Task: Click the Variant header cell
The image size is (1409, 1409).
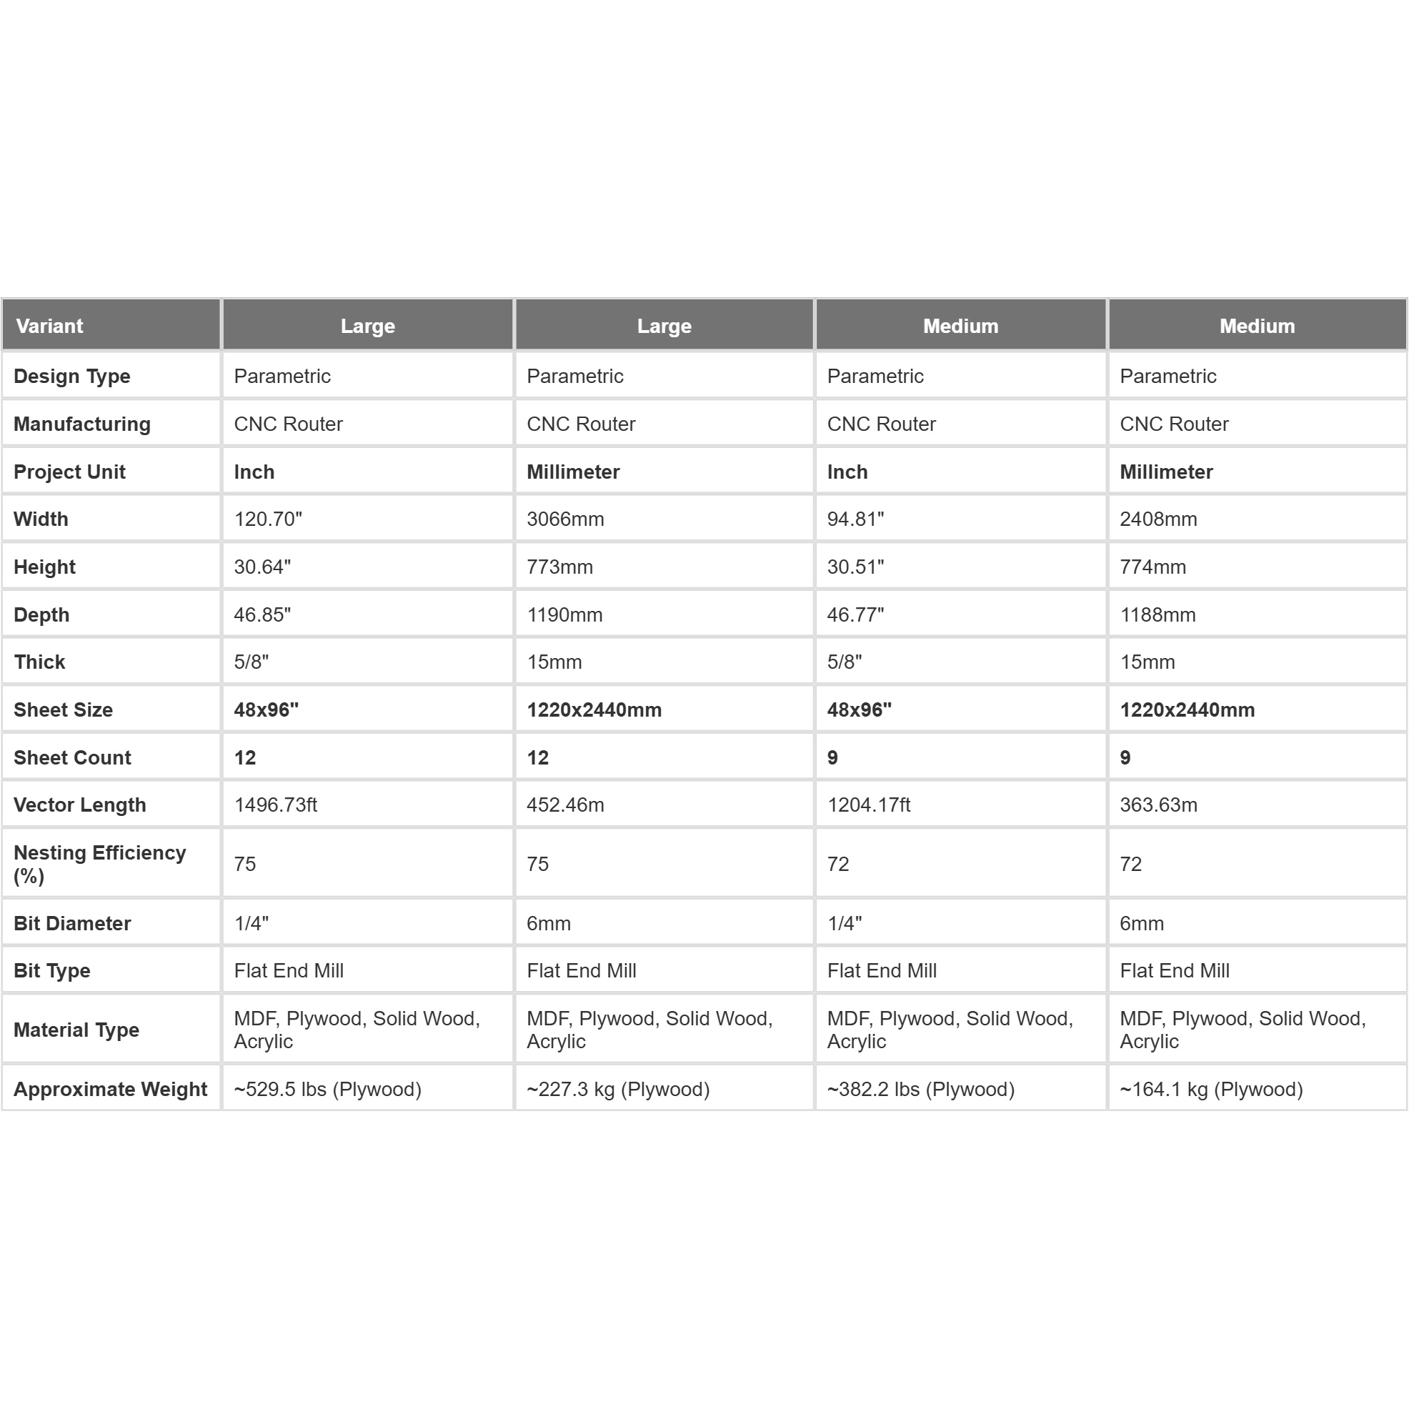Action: [x=49, y=326]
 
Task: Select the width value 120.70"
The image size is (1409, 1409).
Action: [x=268, y=519]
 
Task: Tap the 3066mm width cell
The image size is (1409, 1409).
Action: [x=565, y=519]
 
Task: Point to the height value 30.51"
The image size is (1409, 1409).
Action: [x=855, y=567]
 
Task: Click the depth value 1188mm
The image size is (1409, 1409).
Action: [x=1157, y=614]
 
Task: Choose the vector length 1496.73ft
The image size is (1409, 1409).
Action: [x=275, y=805]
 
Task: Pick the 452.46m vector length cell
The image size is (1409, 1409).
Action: [x=565, y=805]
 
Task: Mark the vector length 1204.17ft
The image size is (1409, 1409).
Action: [x=869, y=805]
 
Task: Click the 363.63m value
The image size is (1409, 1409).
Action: [x=1158, y=805]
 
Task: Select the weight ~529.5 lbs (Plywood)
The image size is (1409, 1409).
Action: [x=327, y=1089]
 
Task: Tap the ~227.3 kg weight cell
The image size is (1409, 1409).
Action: [x=618, y=1089]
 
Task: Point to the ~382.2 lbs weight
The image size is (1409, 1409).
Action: [x=920, y=1089]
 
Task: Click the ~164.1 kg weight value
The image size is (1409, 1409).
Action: [x=1210, y=1089]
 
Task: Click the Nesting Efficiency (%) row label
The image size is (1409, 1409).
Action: [x=100, y=865]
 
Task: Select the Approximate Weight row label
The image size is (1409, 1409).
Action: [x=110, y=1089]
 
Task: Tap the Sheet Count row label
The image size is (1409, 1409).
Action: [x=72, y=758]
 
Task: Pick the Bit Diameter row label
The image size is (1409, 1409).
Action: [x=72, y=923]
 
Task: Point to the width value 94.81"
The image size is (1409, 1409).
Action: [x=855, y=519]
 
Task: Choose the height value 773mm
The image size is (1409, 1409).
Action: [x=559, y=567]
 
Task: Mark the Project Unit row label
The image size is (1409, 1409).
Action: [x=69, y=472]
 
